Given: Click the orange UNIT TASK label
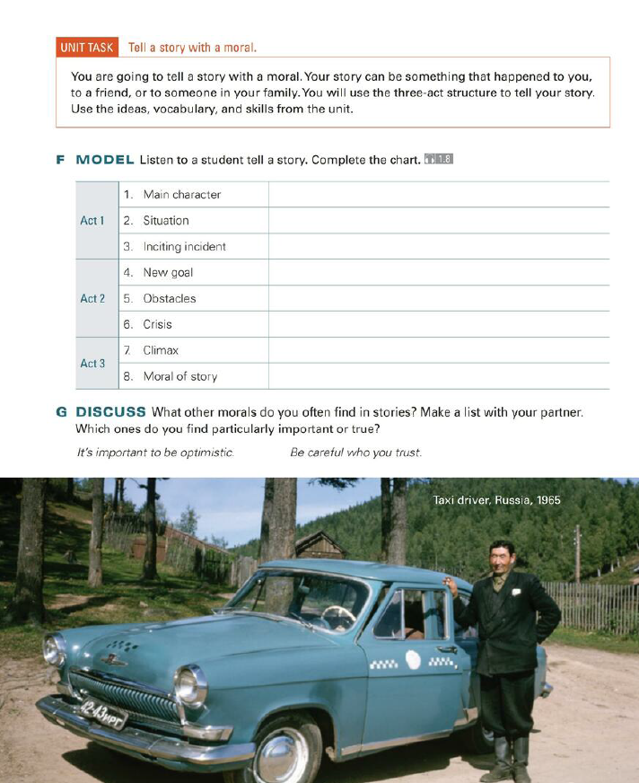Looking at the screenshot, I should point(86,48).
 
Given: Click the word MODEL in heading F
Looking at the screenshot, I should point(105,160).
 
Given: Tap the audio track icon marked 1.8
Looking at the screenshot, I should point(439,160).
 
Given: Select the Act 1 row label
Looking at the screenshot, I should point(92,220).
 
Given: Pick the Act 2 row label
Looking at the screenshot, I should point(92,298).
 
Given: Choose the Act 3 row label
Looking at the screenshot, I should point(92,364).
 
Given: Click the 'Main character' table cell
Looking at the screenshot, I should point(181,195).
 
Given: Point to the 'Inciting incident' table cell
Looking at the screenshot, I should point(184,247).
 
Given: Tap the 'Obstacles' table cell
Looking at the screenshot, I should point(169,298).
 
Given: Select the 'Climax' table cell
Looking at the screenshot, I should point(161,350).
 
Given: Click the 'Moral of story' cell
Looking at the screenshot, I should point(179,376).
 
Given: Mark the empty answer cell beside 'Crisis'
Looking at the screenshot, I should point(438,324).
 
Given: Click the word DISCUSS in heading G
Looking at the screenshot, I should point(110,412).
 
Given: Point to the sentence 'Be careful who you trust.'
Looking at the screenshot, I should point(355,453).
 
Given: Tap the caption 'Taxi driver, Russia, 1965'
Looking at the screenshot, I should point(495,500).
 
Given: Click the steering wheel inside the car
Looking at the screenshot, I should point(338,616).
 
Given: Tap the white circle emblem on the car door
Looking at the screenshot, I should point(412,660).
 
